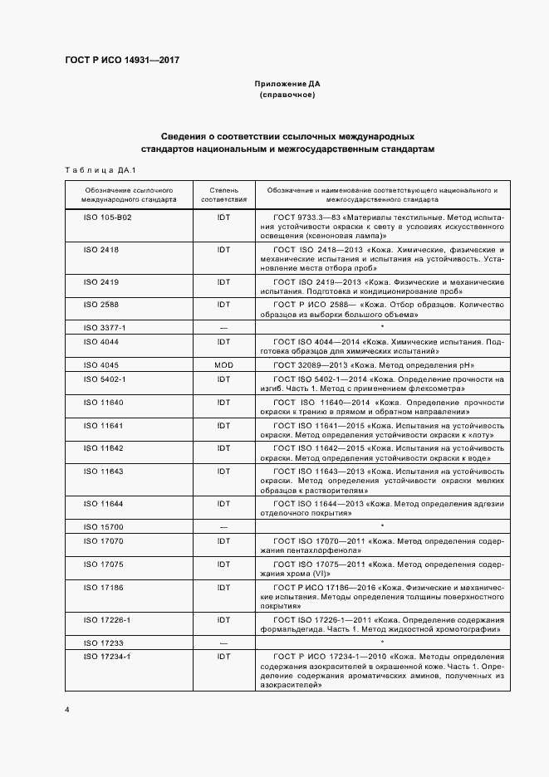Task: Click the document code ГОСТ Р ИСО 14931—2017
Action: (121, 61)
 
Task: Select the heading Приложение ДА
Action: (287, 85)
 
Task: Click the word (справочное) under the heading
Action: (287, 96)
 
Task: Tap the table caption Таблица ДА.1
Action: (94, 170)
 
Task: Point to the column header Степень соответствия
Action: (223, 195)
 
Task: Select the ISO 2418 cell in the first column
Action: (101, 249)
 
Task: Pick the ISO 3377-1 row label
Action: (105, 327)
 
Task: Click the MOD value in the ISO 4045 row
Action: (223, 365)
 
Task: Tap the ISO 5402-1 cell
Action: (105, 379)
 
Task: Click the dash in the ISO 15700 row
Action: (223, 527)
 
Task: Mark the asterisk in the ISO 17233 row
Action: (381, 642)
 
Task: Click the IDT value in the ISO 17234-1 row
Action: (223, 656)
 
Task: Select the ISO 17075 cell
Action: (103, 564)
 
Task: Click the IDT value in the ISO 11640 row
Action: (223, 403)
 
